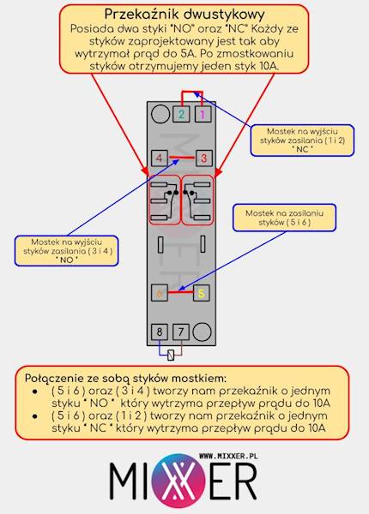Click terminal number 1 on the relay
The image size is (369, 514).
pos(203,114)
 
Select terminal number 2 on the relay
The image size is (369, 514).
pos(181,114)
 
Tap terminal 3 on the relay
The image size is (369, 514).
pos(203,158)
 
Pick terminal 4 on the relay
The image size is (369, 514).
pos(160,158)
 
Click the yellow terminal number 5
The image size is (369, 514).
pos(201,293)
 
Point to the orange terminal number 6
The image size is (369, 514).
pos(159,293)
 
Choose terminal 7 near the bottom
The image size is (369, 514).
pos(181,331)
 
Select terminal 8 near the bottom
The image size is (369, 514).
pos(160,331)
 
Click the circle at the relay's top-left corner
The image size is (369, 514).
pos(160,113)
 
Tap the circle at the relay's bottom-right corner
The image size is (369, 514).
pos(202,331)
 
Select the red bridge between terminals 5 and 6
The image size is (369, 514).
pos(180,292)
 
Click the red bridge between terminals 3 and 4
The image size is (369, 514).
pos(181,157)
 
